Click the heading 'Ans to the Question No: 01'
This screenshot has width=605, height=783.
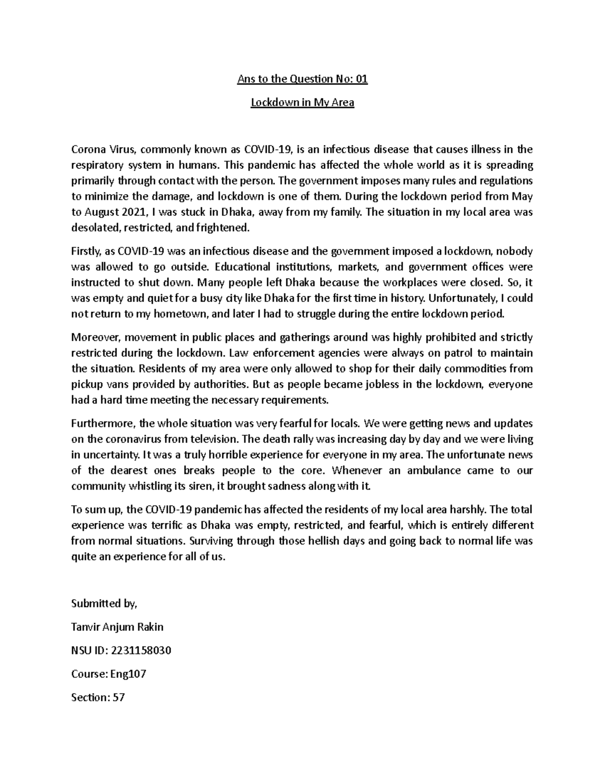click(x=302, y=79)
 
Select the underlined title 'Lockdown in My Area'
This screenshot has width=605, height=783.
click(x=302, y=103)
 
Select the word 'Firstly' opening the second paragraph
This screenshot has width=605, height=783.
click(x=86, y=251)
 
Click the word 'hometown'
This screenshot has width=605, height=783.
click(x=178, y=314)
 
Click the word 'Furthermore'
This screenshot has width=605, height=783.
click(x=102, y=423)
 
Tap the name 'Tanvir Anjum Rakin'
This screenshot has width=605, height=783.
click(x=117, y=627)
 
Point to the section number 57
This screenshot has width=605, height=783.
click(x=118, y=697)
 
